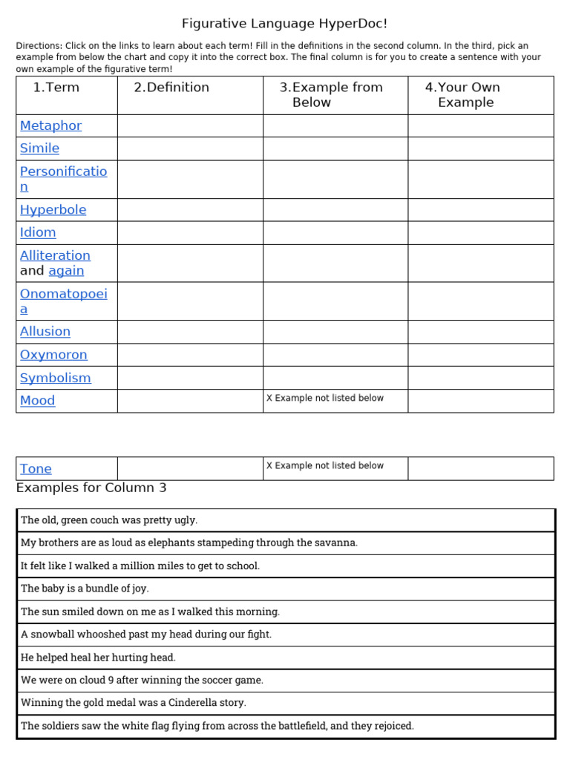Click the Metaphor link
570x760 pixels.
50,125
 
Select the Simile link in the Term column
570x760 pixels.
39,148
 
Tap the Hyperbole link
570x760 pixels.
53,209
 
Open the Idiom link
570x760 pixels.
38,232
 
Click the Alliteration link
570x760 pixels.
55,255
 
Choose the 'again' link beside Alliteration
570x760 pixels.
66,271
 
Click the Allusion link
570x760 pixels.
45,331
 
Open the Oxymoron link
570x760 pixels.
53,355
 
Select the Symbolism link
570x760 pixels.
55,378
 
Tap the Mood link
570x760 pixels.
37,400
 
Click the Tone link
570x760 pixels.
36,468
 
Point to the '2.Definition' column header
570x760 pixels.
171,88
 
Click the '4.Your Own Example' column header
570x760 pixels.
463,94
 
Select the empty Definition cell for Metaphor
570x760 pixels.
190,125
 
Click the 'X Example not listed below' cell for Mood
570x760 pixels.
325,398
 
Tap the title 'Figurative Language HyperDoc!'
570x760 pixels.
285,24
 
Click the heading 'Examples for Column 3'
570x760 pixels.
91,488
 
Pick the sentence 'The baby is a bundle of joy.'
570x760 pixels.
85,589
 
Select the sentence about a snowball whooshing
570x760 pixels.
146,635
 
